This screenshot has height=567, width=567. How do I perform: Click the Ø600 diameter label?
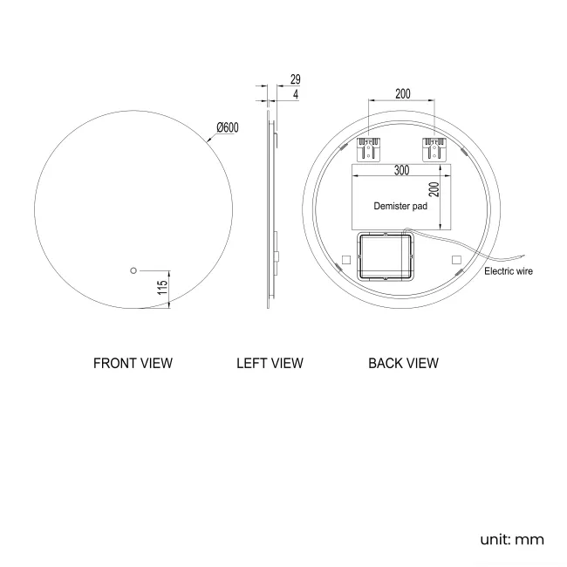tap(228, 127)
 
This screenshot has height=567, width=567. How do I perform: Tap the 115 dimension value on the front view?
tap(162, 288)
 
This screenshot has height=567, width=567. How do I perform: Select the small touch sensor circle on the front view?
tap(133, 270)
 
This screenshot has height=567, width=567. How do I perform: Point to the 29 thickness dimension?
tap(296, 79)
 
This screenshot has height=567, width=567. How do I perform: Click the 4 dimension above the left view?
tap(296, 94)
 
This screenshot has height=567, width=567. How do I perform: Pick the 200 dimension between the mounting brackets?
tap(402, 93)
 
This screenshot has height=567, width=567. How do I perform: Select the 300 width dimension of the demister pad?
tap(400, 171)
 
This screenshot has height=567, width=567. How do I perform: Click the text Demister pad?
tap(400, 207)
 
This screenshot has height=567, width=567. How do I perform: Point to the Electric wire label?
tap(508, 271)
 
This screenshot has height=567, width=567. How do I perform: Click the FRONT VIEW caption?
tap(133, 363)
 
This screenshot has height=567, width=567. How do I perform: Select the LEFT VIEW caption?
tap(270, 363)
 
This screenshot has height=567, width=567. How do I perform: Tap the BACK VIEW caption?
tap(403, 363)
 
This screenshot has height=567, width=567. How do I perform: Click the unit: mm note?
tap(512, 539)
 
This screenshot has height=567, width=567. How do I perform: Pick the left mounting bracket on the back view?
tap(372, 147)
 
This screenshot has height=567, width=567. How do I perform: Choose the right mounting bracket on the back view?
tap(432, 147)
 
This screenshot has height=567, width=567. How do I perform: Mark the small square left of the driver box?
tap(345, 259)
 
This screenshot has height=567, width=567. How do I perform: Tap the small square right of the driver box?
tap(455, 259)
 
